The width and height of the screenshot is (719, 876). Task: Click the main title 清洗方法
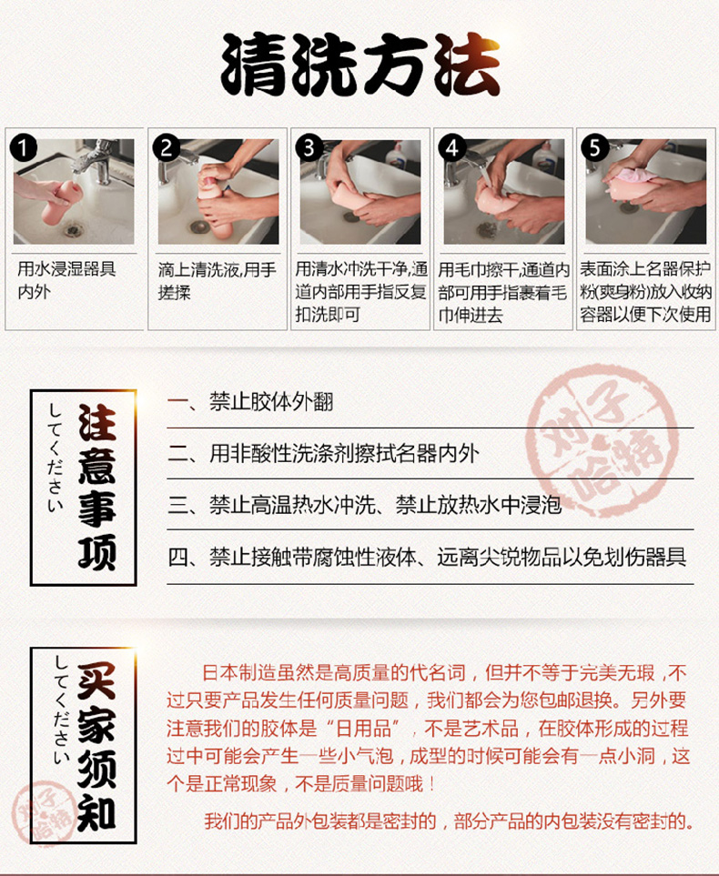pyautogui.click(x=360, y=65)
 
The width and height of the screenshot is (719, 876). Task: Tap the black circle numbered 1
pyautogui.click(x=24, y=148)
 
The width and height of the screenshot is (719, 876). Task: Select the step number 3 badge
pyautogui.click(x=309, y=148)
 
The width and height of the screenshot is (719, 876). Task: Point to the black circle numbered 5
pyautogui.click(x=595, y=148)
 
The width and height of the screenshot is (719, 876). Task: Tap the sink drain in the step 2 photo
pyautogui.click(x=199, y=227)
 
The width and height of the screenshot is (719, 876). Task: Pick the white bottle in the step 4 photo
pyautogui.click(x=542, y=156)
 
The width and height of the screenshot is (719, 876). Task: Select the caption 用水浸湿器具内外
pyautogui.click(x=66, y=280)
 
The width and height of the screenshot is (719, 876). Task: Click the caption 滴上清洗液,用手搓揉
pyautogui.click(x=217, y=281)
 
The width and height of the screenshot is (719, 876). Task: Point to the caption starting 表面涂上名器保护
pyautogui.click(x=646, y=292)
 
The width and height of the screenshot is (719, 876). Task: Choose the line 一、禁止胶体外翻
pyautogui.click(x=250, y=402)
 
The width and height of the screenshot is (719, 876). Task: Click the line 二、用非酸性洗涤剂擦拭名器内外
pyautogui.click(x=323, y=453)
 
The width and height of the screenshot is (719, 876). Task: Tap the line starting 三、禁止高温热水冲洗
pyautogui.click(x=365, y=505)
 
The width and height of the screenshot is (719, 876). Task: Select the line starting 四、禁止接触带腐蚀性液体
pyautogui.click(x=427, y=557)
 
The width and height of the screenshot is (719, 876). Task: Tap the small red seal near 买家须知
pyautogui.click(x=45, y=811)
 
